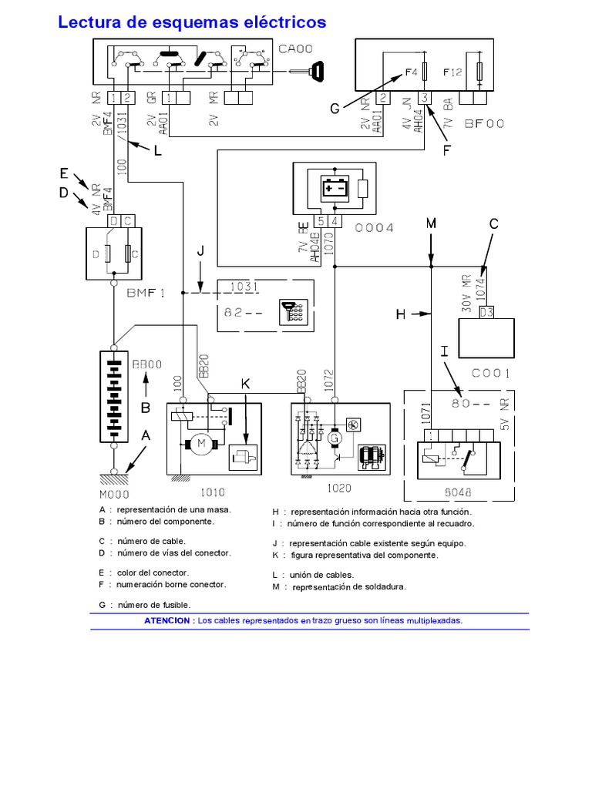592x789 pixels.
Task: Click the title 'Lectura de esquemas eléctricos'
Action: coord(192,22)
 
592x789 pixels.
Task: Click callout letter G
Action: coord(335,109)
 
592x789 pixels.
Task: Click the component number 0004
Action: coord(374,228)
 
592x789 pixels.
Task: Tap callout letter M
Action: coord(431,223)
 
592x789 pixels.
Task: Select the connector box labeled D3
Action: coord(486,311)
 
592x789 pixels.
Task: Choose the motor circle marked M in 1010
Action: coord(202,443)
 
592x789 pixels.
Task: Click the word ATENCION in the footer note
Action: coord(169,620)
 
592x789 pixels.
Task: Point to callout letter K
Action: coord(245,383)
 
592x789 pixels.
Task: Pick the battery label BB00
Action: coord(146,365)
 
